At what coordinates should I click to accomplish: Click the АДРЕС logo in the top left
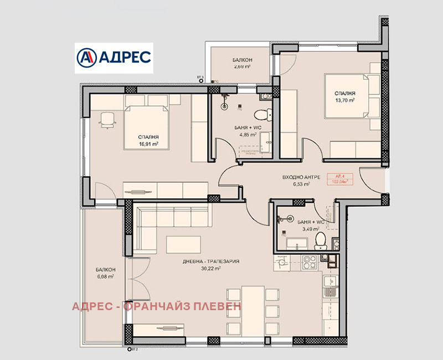[114, 58]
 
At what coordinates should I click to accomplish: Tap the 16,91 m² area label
[149, 143]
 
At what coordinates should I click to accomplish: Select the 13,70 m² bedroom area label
[344, 101]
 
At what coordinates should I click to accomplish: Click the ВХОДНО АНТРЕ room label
[299, 177]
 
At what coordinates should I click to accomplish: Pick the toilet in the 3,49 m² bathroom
[319, 240]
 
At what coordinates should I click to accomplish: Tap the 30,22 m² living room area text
[211, 269]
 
